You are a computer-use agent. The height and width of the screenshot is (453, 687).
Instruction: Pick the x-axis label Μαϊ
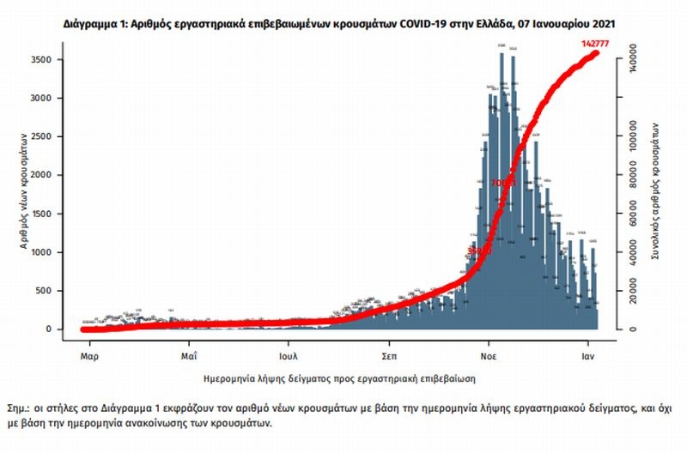coord(190,353)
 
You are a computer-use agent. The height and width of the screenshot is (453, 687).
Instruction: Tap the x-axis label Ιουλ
coord(288,353)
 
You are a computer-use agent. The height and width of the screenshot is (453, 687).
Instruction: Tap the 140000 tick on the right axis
coord(632,62)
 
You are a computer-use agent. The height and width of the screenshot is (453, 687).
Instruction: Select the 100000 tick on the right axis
coord(632,139)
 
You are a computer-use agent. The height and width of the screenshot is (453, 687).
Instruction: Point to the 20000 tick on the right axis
coord(632,292)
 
